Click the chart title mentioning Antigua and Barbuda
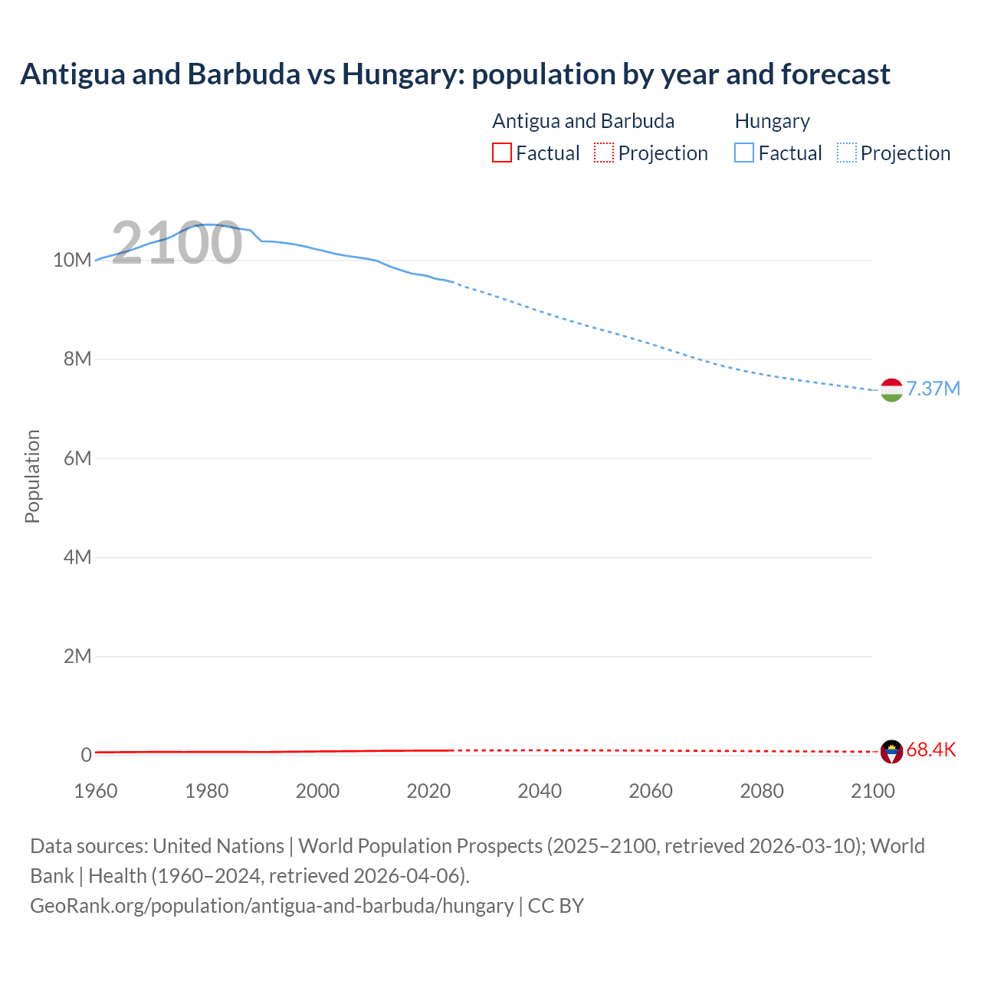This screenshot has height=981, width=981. pos(455,74)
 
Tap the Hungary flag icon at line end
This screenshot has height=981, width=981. pos(891,390)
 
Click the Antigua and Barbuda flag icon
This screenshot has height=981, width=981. pos(891,751)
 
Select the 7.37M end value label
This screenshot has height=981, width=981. pos(933,389)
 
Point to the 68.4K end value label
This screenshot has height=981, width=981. pos(931,750)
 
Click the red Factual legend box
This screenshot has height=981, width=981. pos(502,153)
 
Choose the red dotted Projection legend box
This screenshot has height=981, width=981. pos(604,153)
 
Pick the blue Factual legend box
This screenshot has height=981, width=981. pos(744,153)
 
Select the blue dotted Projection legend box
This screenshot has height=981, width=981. pos(847,153)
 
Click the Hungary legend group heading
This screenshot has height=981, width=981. pos(772,121)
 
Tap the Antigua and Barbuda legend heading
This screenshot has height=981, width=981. pos(583,121)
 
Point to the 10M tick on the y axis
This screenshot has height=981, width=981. pos(72,260)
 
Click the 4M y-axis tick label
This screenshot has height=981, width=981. pos(77,557)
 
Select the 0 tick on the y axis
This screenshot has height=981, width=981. pos(87,755)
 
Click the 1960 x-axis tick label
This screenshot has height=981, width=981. pos(96,791)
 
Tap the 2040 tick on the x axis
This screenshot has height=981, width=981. pos(540,791)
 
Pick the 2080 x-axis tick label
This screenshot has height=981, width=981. pos(762,791)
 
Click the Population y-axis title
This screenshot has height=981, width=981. pos(32,476)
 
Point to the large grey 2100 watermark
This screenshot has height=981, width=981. pos(177,243)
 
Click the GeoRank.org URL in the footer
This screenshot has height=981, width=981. pos(271,906)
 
